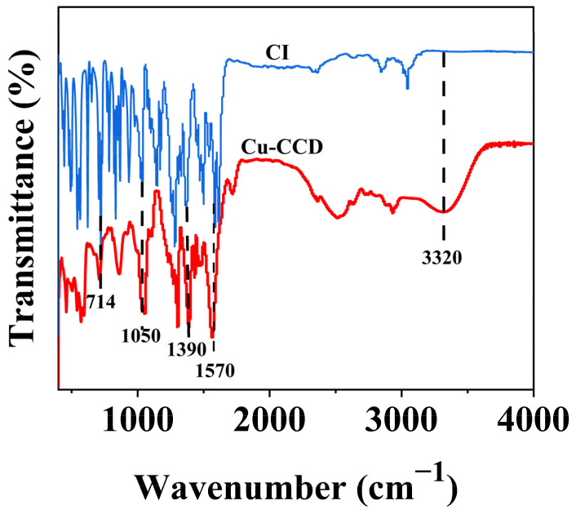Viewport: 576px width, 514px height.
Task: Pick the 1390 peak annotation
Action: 187,351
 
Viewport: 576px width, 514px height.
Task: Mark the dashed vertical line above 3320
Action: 444,131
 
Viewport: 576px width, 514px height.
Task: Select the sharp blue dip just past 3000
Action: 408,86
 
